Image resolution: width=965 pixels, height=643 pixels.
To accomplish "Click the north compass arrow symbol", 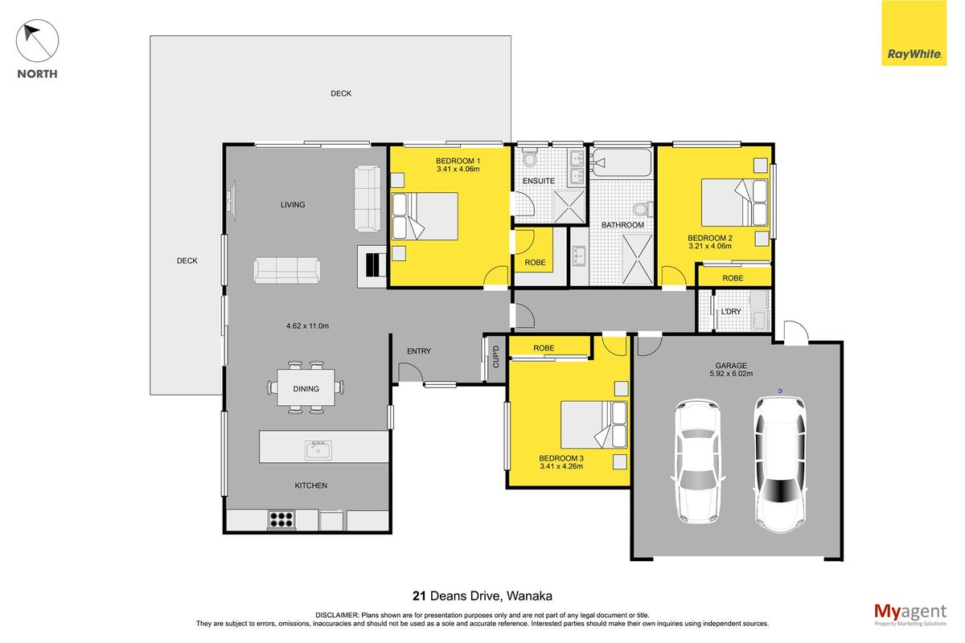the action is [x=37, y=41].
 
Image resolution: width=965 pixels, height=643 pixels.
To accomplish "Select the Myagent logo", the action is [x=910, y=615].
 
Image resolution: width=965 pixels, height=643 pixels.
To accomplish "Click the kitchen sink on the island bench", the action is [x=318, y=450].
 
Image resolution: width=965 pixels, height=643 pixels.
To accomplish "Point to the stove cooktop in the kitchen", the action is [x=281, y=519].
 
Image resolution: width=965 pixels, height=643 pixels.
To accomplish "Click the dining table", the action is [x=306, y=387].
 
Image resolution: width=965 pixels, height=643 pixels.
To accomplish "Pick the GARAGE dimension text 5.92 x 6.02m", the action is [x=731, y=374].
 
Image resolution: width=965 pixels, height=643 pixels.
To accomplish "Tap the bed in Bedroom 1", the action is [x=425, y=216].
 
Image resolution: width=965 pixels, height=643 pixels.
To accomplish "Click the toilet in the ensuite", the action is [x=529, y=158].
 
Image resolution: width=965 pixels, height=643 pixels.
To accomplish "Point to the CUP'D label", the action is [x=495, y=357].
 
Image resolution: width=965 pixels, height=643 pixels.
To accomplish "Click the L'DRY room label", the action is [x=731, y=311].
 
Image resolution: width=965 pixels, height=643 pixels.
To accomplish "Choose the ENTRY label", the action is [x=419, y=351].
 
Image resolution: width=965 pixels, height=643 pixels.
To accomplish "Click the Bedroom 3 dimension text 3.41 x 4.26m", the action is [x=561, y=466].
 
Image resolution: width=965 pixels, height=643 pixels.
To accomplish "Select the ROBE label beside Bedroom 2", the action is [x=733, y=278].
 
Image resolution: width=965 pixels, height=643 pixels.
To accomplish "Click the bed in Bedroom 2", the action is [x=735, y=203].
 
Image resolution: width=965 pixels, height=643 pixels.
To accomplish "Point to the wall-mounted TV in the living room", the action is [x=232, y=201].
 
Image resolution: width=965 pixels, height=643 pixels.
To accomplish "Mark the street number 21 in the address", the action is [x=419, y=596].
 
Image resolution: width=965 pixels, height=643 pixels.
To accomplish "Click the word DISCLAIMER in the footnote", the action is [x=336, y=615].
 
